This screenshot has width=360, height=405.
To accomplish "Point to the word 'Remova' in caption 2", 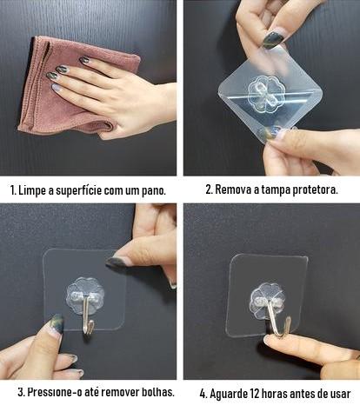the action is (x=233, y=189).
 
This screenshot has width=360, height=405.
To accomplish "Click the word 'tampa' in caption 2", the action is (x=275, y=190).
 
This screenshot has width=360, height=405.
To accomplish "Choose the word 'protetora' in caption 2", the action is (x=315, y=190).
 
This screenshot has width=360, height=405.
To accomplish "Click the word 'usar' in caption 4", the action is (x=340, y=395).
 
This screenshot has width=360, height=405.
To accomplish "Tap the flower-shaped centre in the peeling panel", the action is (x=263, y=94).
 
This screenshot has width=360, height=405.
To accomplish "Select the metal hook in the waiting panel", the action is (x=278, y=319).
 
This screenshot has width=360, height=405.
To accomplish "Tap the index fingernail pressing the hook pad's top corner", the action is (x=117, y=261).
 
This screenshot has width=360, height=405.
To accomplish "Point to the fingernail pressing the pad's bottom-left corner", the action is (x=57, y=324).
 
